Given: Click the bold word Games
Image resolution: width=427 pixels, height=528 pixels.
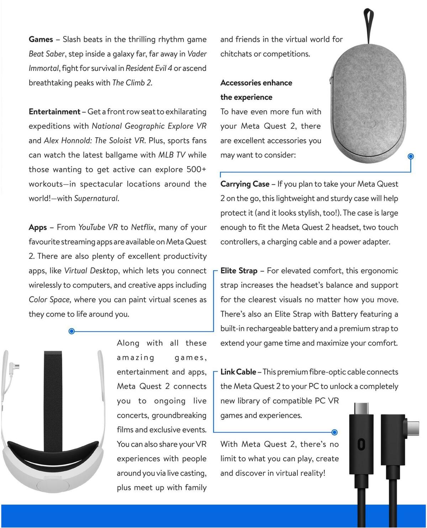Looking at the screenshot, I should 41,39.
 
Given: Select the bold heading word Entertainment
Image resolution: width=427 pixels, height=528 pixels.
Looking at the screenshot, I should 54,112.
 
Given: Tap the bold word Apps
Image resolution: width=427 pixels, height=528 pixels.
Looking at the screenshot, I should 38,227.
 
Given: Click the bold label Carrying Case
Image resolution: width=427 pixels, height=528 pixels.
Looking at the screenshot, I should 245,184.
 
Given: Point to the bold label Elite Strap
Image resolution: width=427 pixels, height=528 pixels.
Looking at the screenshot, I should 239,271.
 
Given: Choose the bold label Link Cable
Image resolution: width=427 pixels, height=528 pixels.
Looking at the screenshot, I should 238,372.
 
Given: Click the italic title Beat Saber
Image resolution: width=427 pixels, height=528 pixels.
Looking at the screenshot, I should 47,54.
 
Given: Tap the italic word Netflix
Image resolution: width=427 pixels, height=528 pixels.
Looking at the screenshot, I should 142,227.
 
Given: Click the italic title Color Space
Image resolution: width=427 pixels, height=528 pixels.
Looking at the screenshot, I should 49,300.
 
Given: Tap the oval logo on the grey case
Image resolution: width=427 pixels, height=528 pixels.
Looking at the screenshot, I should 368,124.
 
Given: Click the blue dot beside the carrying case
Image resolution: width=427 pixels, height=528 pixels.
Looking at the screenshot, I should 411,156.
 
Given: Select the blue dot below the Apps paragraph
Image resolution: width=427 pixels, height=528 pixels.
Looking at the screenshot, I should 71,331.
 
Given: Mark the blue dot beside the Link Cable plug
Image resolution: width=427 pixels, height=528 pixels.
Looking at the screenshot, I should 334,432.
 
